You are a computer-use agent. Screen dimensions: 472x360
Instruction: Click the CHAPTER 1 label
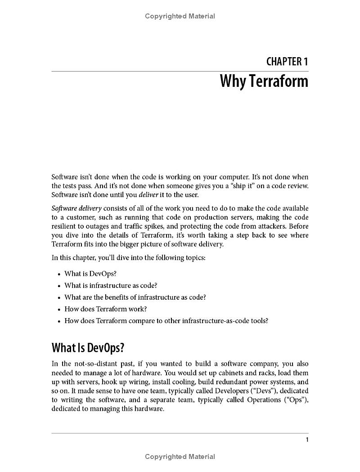(287, 61)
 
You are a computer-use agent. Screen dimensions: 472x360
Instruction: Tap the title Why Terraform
(264, 81)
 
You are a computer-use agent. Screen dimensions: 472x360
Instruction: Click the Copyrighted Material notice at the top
(180, 16)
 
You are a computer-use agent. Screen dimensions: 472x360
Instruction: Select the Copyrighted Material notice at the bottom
(180, 457)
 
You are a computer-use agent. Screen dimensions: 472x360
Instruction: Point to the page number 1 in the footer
(307, 440)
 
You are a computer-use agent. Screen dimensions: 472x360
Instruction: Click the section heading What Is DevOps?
(88, 348)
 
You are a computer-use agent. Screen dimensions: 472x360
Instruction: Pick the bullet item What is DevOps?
(90, 274)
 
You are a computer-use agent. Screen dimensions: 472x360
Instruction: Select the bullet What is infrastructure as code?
(111, 285)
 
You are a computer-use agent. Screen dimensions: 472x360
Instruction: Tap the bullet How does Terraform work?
(106, 309)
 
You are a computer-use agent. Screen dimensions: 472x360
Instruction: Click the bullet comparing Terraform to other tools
(166, 321)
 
